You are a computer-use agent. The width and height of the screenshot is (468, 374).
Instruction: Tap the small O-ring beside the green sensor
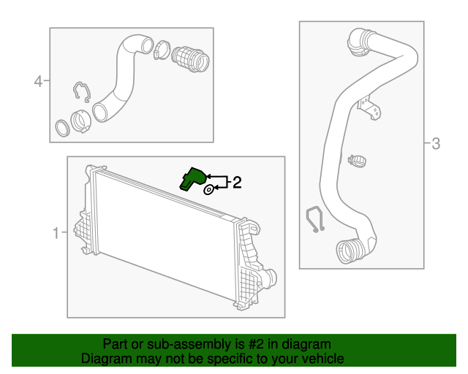coord(208,190)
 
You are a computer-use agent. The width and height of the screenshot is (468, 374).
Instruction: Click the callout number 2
coord(236,183)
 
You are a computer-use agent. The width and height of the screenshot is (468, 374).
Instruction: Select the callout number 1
coord(56,234)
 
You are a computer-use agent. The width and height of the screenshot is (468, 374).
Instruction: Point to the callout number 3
coord(436,144)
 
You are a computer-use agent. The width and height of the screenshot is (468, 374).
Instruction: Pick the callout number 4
coord(38,81)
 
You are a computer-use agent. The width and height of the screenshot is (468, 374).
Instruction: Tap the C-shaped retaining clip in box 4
coord(82,93)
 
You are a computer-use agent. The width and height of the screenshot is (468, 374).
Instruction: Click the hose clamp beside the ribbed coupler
coord(162,51)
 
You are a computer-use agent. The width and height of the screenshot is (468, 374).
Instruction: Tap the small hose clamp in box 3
coord(358,157)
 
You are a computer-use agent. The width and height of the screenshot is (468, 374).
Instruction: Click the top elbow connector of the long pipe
coord(361,42)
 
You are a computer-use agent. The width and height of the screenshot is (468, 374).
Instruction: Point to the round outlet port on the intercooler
coord(270,278)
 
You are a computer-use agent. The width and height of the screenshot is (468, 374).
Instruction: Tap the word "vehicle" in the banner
coord(322,359)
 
